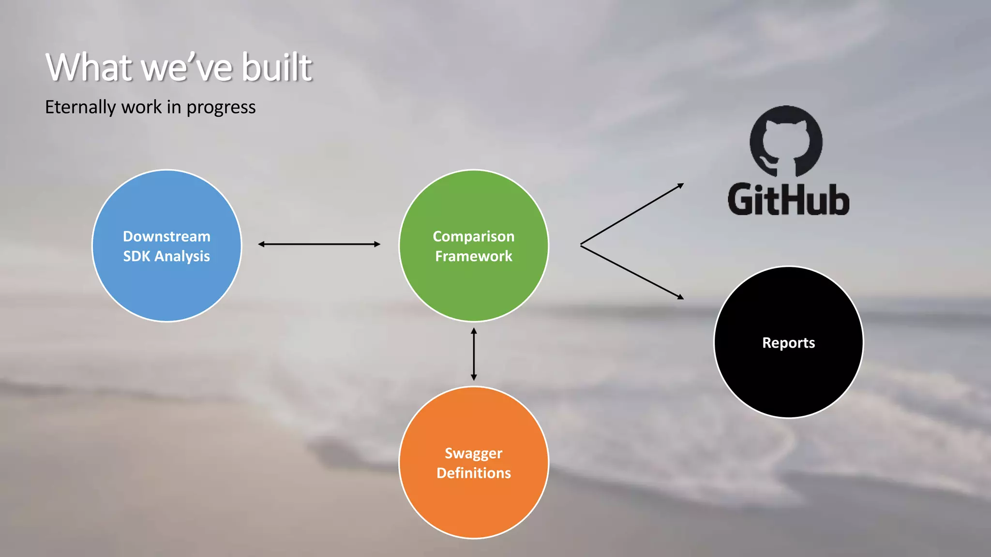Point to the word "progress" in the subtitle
click(x=221, y=108)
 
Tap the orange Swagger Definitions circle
click(x=473, y=508)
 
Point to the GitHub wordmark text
click(x=788, y=200)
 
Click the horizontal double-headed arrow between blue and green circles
click(x=319, y=244)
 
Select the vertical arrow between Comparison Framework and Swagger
click(x=474, y=354)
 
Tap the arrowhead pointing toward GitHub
click(x=680, y=186)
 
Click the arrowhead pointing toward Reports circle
click(x=680, y=297)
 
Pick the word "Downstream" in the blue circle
click(x=166, y=236)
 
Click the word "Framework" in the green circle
click(x=473, y=256)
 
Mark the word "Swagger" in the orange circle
click(x=473, y=453)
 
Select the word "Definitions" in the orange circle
click(x=473, y=473)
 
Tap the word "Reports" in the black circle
click(x=788, y=343)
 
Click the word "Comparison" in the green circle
click(x=473, y=236)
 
